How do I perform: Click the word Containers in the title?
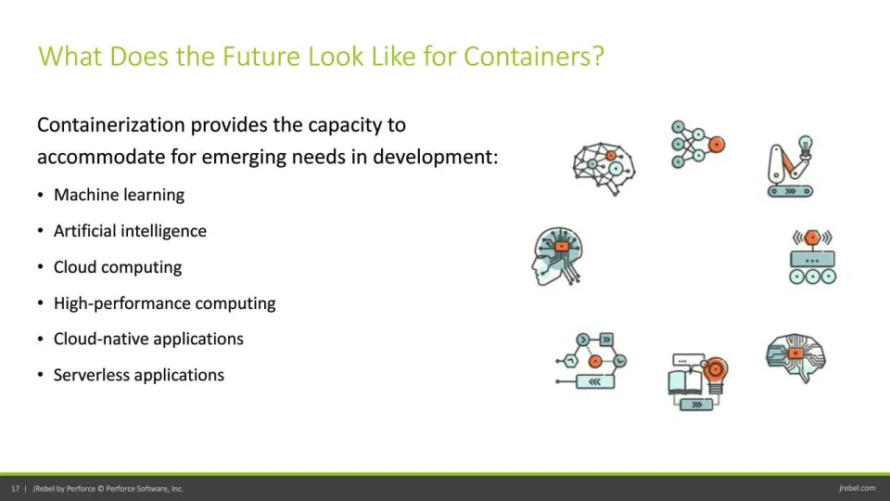534,57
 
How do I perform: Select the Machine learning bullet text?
120,195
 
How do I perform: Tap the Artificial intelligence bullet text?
130,231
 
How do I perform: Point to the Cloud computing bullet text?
118,267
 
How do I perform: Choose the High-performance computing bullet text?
165,303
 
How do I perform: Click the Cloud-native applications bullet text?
148,340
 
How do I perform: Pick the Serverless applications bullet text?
139,375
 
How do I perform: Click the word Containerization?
111,124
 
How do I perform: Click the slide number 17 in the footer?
16,489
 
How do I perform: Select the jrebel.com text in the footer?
857,488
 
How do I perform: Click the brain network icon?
604,168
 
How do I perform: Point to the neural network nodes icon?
697,145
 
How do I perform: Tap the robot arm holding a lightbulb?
791,166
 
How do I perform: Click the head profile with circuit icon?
557,256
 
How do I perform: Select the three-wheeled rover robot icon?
812,257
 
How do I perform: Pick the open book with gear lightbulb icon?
697,381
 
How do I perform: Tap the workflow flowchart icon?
591,361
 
